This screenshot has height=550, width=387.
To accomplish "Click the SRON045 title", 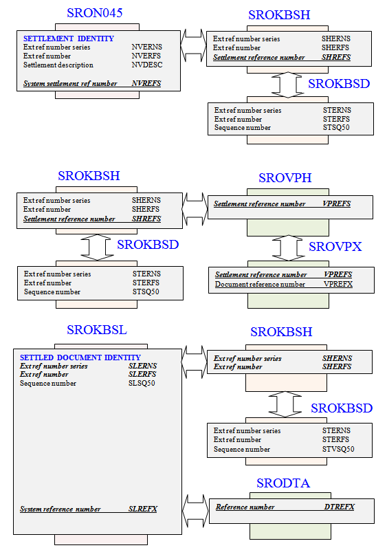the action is (95, 13).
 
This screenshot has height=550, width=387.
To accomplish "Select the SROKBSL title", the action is (97, 330).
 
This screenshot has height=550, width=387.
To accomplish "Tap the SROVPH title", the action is (285, 178).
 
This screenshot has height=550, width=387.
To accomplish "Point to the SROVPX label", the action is (335, 247).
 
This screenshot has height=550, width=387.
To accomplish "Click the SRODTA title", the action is (283, 483).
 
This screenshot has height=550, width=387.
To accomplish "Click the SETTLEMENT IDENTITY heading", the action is (69, 38).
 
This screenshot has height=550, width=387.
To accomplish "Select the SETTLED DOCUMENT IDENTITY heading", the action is (80, 357).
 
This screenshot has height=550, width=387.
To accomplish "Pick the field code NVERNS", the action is (147, 47).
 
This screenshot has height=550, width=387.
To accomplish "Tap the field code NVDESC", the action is (147, 65).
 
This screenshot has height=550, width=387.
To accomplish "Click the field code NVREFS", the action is (146, 83).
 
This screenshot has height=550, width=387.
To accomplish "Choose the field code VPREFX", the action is (338, 284).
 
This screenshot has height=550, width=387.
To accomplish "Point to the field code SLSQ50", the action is (142, 384).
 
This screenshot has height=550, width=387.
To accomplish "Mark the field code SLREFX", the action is (143, 509).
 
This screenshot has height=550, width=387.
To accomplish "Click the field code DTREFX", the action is (340, 507).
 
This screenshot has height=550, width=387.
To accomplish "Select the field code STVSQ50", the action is (338, 449).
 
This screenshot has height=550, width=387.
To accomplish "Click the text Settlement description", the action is (58, 65).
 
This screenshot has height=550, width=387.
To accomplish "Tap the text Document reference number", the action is (260, 284).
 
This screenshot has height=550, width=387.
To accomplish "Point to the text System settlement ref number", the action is (70, 83).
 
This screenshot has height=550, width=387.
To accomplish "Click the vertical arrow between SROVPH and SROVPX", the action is (288, 248).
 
